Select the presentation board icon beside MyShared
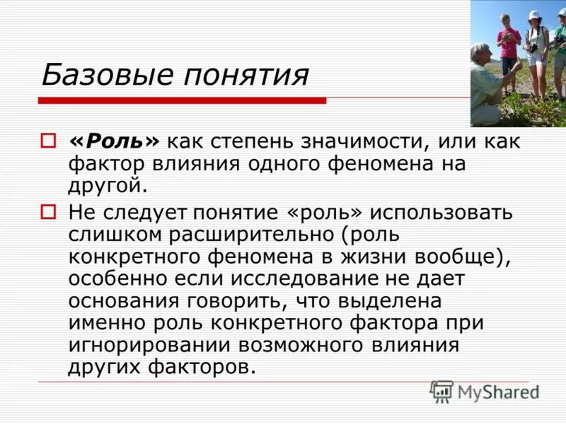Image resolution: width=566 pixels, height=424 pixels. pos(441,391)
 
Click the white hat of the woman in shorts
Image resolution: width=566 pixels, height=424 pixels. pos(534,14)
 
